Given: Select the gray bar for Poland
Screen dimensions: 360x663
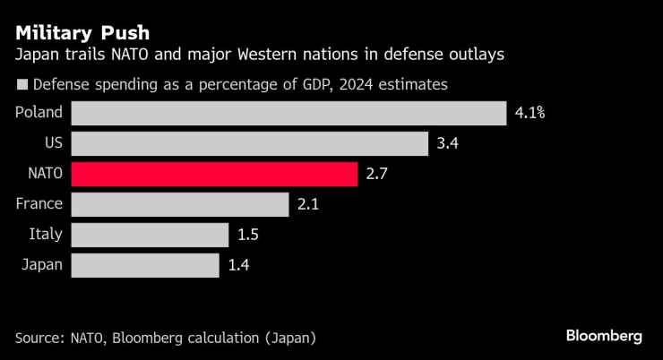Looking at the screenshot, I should (x=288, y=113).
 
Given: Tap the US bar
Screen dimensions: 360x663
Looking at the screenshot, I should (x=249, y=143).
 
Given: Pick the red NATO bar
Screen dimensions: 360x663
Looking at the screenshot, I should (x=214, y=174).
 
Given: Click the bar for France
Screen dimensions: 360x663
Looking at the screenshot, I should (x=179, y=204).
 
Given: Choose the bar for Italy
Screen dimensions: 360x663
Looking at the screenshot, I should (x=150, y=235).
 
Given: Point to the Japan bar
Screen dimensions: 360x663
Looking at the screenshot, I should (x=145, y=265).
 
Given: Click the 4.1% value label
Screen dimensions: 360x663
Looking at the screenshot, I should (x=530, y=113).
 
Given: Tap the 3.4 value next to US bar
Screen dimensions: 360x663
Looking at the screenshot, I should (x=446, y=143).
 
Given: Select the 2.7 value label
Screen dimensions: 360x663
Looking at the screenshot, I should (x=376, y=174).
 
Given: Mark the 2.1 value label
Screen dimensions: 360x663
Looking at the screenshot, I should (x=307, y=204).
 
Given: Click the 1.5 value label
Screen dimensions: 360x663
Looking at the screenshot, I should (x=248, y=235).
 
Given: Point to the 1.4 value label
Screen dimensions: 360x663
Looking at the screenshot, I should (x=238, y=265).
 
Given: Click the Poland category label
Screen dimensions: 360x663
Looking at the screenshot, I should (x=39, y=113).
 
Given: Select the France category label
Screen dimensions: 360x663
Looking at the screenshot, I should (x=39, y=204).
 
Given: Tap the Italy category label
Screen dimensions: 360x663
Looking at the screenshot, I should (x=45, y=235).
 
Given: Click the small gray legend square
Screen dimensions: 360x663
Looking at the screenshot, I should (x=21, y=86).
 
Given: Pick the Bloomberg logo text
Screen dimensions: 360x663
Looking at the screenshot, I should (x=604, y=336).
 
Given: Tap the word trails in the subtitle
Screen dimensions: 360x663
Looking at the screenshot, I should (x=87, y=56).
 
